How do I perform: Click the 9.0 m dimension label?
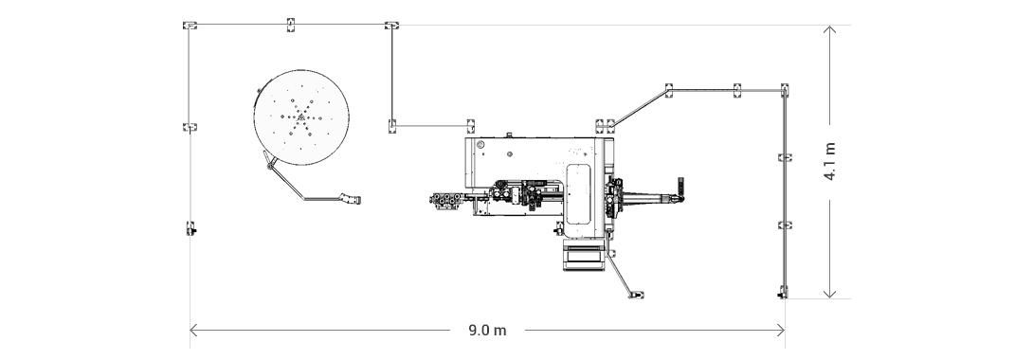(487, 331)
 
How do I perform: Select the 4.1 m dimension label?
(830, 161)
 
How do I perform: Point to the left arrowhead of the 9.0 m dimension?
(193, 331)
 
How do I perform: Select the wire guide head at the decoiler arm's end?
(352, 199)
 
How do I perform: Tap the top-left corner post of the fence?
(190, 26)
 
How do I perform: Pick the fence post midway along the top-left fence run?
(291, 23)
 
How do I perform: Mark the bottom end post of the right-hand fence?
(783, 291)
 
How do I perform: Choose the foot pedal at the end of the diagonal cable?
(636, 293)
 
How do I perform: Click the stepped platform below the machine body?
(583, 254)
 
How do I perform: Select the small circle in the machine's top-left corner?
(480, 145)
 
